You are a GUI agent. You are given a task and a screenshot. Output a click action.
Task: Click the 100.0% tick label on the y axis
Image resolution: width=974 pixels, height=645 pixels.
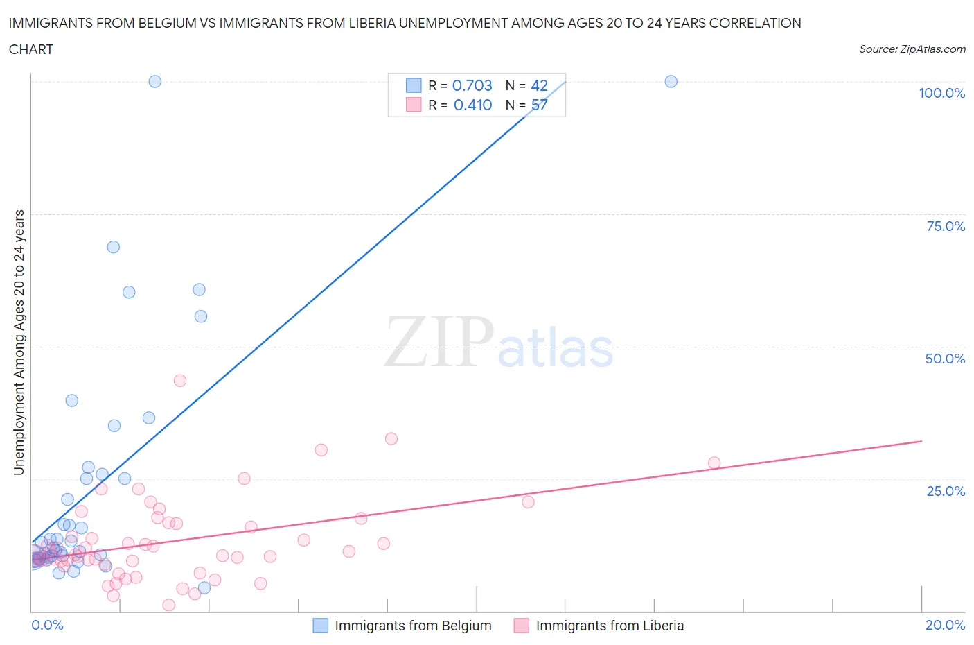click(x=941, y=94)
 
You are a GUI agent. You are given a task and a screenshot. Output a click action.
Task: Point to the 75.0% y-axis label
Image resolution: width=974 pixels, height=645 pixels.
click(x=945, y=226)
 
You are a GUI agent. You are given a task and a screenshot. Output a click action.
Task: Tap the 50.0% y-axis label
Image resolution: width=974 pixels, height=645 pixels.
click(x=945, y=359)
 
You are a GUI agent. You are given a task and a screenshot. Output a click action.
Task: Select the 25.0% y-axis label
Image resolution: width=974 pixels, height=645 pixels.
click(x=945, y=491)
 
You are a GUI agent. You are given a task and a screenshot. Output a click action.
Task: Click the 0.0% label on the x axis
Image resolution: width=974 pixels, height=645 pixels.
click(x=47, y=625)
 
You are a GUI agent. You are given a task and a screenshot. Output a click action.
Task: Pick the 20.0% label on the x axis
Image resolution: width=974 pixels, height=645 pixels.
click(x=945, y=625)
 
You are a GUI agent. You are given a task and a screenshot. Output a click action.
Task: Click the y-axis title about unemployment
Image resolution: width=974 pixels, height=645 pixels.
click(x=19, y=343)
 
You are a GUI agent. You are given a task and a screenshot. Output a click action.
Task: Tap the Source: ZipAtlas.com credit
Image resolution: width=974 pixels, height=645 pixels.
click(x=912, y=49)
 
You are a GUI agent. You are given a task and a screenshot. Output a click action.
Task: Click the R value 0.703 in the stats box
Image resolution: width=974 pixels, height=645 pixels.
click(x=472, y=85)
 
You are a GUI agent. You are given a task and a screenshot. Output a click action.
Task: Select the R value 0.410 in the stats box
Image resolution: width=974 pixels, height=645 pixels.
click(x=472, y=105)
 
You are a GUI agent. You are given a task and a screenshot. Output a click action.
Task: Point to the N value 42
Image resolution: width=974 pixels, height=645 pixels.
click(x=539, y=85)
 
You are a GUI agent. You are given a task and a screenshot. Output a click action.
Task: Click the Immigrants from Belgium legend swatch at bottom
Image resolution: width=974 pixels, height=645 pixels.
click(x=320, y=626)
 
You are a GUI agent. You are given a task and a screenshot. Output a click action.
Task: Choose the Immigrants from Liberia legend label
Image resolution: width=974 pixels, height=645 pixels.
click(x=610, y=626)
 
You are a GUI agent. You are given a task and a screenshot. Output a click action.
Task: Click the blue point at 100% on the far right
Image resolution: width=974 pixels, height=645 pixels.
click(x=671, y=81)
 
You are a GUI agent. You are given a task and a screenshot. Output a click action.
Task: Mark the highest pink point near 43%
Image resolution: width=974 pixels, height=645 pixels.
click(x=180, y=380)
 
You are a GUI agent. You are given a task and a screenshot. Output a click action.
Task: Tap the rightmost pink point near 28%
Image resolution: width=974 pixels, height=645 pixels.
click(x=714, y=463)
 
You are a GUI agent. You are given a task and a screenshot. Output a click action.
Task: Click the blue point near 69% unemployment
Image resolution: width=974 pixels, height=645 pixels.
click(x=114, y=247)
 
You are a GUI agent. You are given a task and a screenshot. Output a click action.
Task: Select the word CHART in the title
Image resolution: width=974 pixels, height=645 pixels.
click(x=31, y=49)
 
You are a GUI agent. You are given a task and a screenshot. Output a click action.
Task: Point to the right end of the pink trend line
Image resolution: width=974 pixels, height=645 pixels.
click(x=921, y=441)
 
